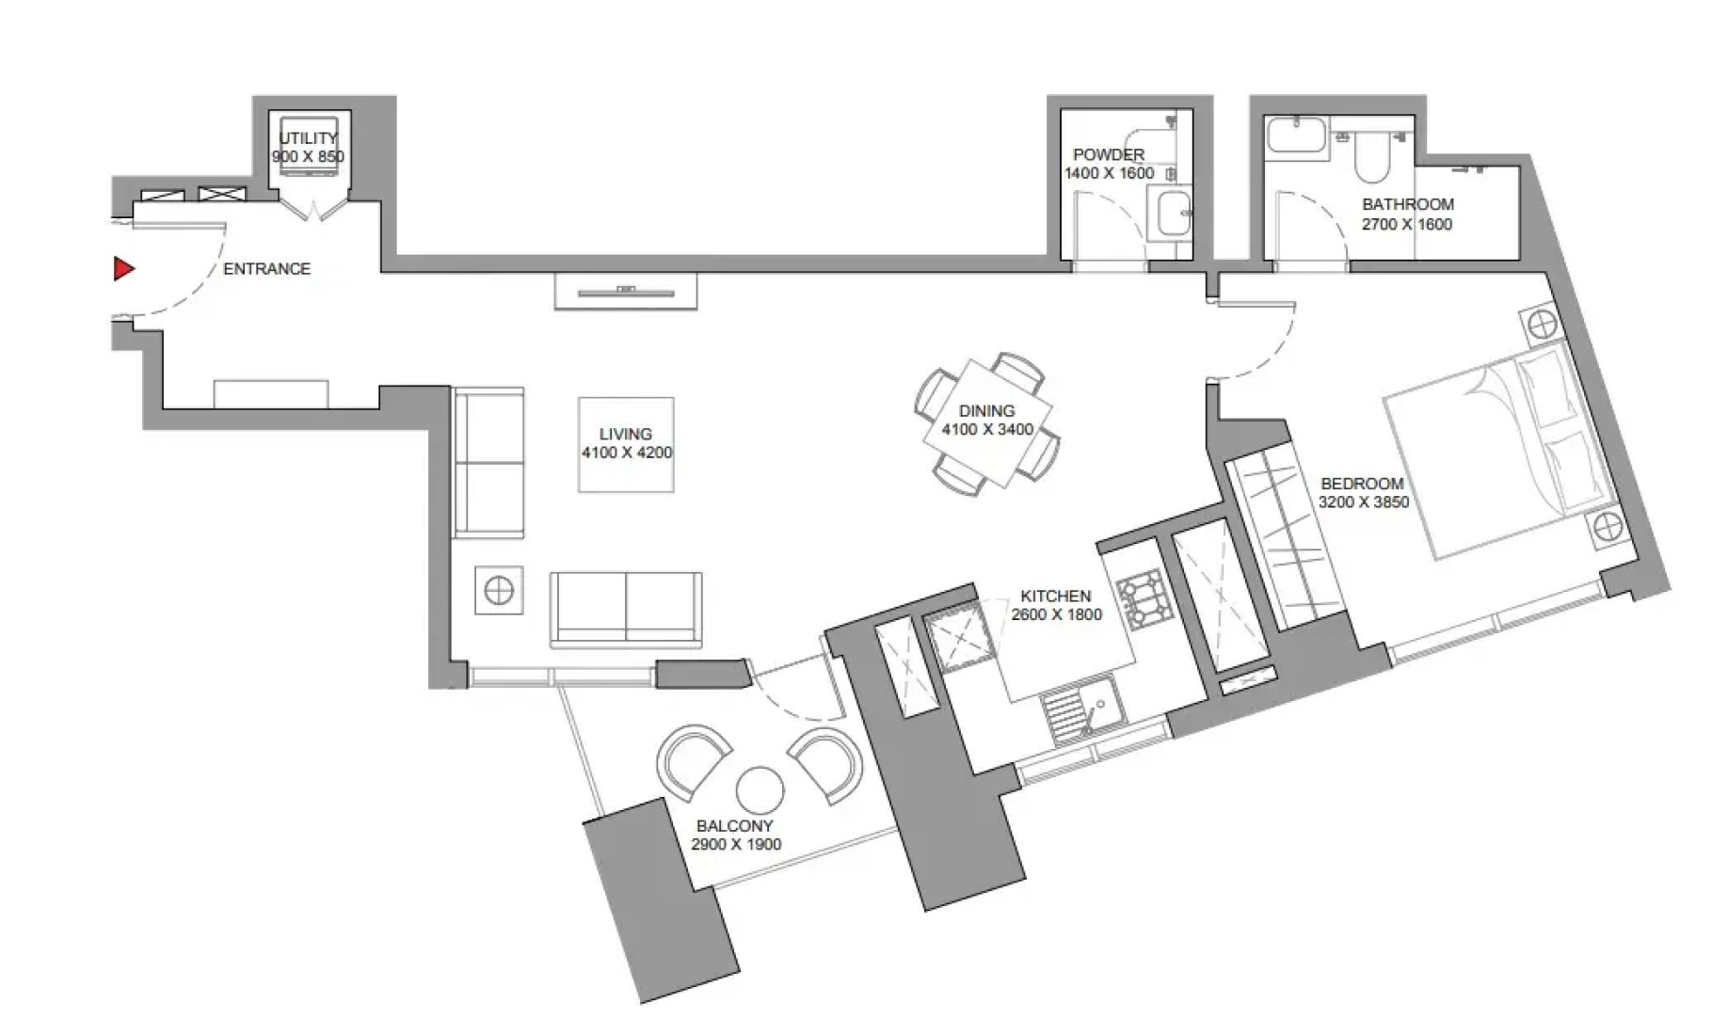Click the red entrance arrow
coord(123,269)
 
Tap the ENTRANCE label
coord(266,269)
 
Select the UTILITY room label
coord(308,138)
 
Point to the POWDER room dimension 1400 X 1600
coord(1109,173)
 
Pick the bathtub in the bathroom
coord(1297,134)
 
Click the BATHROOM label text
coord(1408,204)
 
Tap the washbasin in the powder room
coord(1171,212)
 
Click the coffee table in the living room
coord(626,444)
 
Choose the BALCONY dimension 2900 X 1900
coord(736,845)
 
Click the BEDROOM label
coord(1362,484)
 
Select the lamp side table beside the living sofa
coord(498,591)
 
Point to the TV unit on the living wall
coord(626,292)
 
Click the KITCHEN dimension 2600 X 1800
coord(1056,614)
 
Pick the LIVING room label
coord(626,434)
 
